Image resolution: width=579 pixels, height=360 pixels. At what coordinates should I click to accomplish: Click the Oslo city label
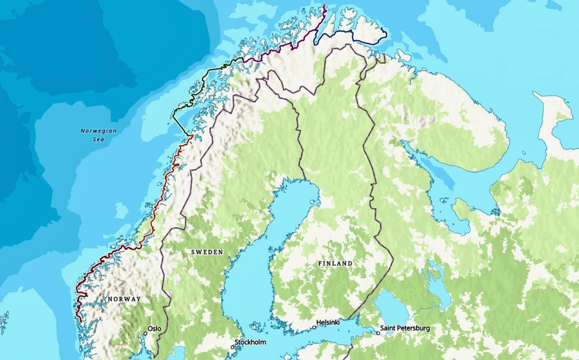tap(154, 328)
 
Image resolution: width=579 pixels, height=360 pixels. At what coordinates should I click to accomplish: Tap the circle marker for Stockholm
tap(232, 347)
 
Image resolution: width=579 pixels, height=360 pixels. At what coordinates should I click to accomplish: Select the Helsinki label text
tap(328, 322)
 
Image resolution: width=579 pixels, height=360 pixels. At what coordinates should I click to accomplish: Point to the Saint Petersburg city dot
tap(378, 333)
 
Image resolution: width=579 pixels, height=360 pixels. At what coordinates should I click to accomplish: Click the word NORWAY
tap(124, 299)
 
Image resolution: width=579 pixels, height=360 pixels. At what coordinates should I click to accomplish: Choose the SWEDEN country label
tap(207, 252)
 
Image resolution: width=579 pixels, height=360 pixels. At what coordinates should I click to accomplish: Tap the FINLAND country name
tap(335, 263)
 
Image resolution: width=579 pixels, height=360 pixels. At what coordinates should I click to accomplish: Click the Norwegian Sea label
tap(98, 135)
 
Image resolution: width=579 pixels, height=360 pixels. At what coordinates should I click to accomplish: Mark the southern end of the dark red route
tap(80, 321)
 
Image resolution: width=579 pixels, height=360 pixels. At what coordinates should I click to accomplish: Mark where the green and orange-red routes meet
tap(192, 136)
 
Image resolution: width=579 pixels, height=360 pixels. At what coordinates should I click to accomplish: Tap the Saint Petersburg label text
tap(405, 328)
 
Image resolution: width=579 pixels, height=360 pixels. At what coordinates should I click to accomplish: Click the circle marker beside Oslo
tap(145, 333)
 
